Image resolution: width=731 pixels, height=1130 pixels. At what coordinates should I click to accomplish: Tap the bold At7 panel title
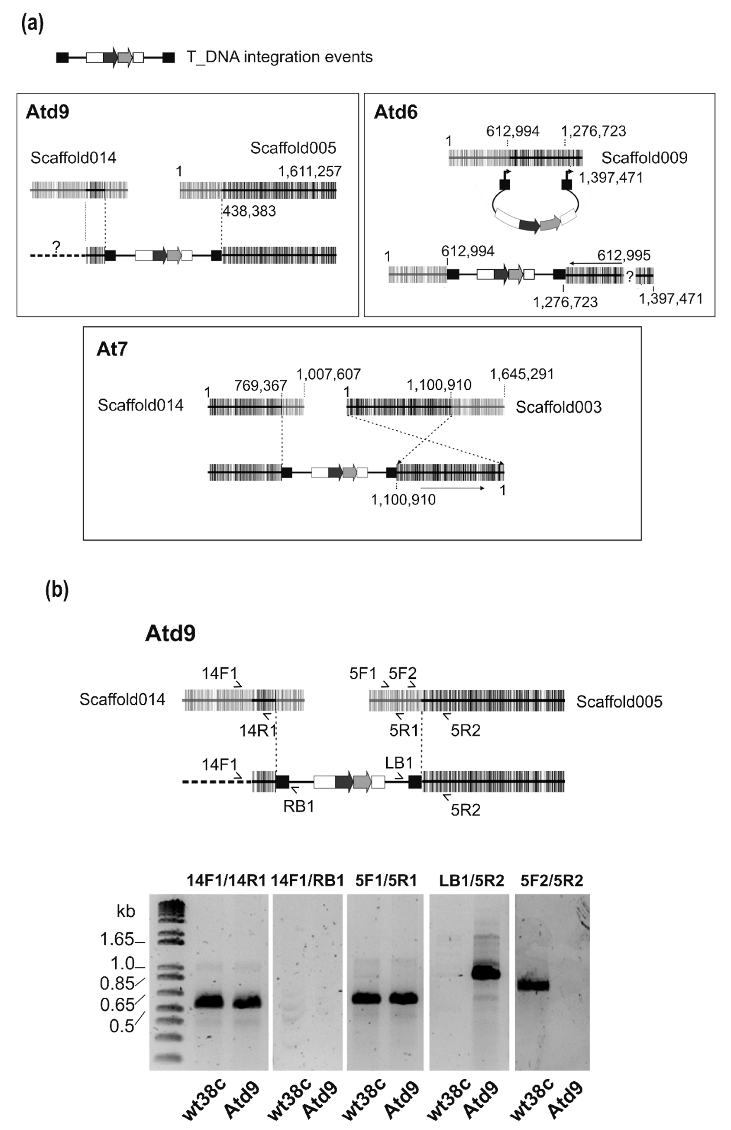112,349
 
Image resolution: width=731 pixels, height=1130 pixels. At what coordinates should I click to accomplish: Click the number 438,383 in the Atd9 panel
249,211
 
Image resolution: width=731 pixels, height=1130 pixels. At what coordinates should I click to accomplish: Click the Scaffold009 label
644,158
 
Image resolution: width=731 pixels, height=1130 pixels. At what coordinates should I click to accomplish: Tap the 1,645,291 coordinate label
522,375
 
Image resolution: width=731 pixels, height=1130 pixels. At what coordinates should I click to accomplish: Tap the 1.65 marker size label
117,939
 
